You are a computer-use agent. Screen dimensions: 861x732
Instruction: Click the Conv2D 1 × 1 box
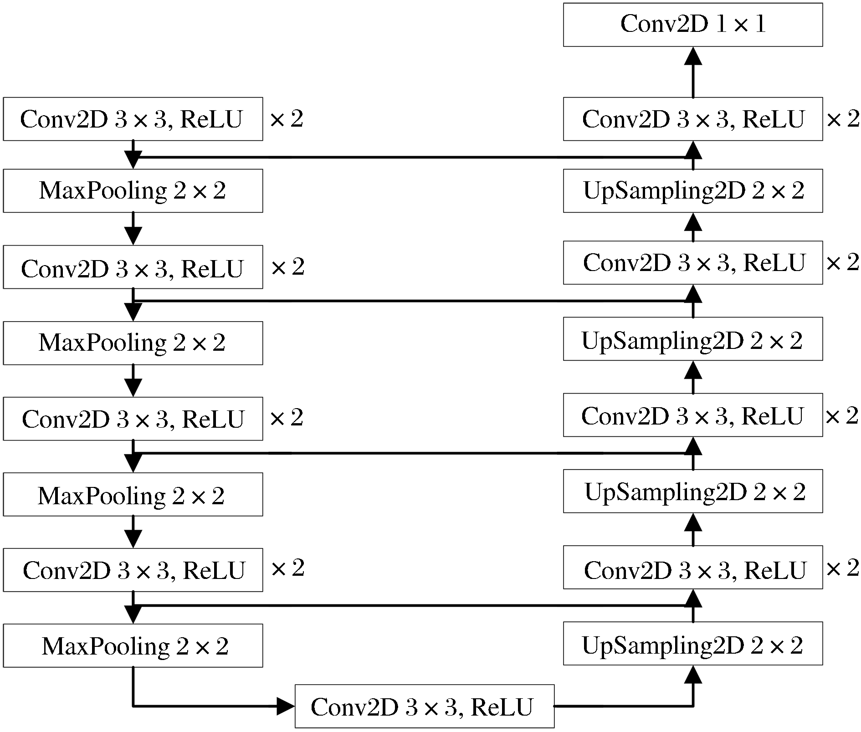[693, 25]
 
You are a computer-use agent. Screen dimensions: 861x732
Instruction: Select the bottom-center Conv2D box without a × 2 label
[425, 706]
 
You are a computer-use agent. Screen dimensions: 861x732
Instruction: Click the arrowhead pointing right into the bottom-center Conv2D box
[287, 706]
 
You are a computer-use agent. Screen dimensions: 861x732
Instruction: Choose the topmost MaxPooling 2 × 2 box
[133, 191]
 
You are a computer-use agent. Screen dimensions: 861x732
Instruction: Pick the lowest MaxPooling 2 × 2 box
[133, 645]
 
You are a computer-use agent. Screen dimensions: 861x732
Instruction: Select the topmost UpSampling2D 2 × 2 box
[693, 191]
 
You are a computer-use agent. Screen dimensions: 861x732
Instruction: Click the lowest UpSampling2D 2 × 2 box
[693, 643]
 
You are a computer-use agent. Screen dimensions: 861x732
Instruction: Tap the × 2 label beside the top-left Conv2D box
[287, 119]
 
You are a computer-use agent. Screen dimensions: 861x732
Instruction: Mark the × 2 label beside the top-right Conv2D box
[843, 119]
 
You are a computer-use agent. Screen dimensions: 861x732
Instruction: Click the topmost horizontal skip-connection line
[413, 157]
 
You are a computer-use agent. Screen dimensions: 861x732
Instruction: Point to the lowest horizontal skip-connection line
[413, 605]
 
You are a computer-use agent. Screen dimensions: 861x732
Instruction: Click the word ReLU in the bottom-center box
[502, 707]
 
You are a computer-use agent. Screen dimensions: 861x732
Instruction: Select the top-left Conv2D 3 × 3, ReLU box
[133, 119]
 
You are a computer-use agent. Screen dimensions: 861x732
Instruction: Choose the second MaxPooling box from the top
[133, 343]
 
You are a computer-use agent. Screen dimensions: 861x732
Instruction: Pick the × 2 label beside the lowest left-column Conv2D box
[287, 568]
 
